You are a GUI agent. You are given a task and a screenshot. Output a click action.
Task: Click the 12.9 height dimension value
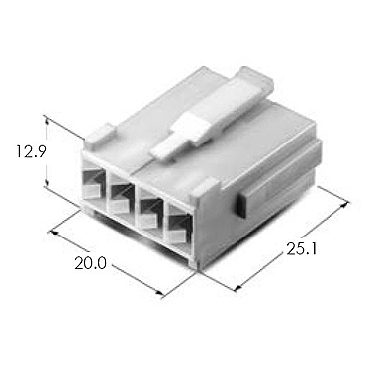30,151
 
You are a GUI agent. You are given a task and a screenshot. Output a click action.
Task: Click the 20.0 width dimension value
91,263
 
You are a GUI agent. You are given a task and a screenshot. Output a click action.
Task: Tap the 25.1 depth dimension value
301,249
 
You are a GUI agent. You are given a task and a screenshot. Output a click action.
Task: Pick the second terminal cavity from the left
122,194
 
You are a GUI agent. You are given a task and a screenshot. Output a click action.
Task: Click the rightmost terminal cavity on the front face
180,225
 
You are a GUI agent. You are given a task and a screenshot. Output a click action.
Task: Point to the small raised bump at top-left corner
100,135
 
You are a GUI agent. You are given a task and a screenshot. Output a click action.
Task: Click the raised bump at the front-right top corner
205,188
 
